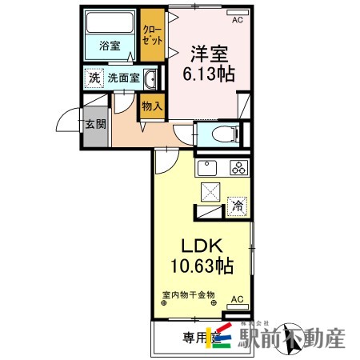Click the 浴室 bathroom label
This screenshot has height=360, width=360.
pos(110,46)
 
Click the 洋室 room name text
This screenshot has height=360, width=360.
pos(210,54)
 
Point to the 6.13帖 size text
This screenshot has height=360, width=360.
pos(210,74)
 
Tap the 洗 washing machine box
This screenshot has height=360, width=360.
pos(94,78)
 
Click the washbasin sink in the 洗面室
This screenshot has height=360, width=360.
pos(150,78)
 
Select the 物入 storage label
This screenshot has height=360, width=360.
pos(151,106)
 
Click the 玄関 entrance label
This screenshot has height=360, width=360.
pos(94,124)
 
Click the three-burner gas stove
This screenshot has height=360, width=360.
pos(238,167)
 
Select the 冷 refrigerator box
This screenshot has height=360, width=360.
pos(237,206)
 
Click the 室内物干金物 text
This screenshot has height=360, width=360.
pos(186,294)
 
